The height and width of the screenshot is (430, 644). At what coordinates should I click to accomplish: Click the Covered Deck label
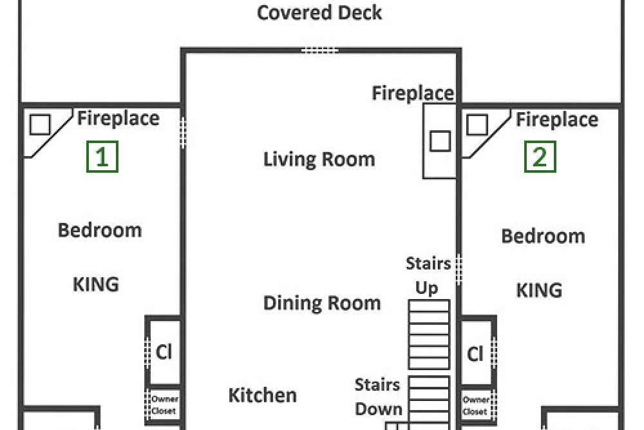(319, 12)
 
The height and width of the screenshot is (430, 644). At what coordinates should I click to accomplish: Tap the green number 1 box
(102, 157)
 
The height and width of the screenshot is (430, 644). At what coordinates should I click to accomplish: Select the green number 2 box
(540, 157)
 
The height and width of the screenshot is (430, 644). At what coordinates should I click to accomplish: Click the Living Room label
(319, 159)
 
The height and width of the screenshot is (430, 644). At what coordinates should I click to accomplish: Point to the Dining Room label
(322, 304)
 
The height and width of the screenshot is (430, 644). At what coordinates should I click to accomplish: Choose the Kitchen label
(263, 395)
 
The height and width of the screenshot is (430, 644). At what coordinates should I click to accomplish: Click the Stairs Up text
(428, 275)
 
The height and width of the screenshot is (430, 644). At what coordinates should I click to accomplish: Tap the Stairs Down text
(378, 397)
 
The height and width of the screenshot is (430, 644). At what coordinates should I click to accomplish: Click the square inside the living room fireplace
(440, 141)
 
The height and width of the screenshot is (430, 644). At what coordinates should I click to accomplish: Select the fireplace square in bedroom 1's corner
(40, 124)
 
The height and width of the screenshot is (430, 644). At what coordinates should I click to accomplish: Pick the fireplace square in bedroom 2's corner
(477, 124)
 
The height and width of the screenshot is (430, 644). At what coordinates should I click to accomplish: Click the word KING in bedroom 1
(96, 284)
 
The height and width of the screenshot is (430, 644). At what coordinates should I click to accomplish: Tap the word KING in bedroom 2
(539, 290)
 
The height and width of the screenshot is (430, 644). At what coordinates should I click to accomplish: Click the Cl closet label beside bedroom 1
(164, 352)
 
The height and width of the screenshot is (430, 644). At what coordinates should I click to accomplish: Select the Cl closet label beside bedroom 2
(475, 353)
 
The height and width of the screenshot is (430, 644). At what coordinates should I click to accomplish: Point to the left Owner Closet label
(164, 404)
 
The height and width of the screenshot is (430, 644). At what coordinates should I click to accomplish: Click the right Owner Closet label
(476, 406)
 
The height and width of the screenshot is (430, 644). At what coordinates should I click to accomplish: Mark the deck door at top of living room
(320, 50)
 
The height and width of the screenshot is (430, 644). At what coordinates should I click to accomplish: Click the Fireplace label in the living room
(413, 93)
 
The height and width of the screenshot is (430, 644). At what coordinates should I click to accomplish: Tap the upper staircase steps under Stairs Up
(429, 335)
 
